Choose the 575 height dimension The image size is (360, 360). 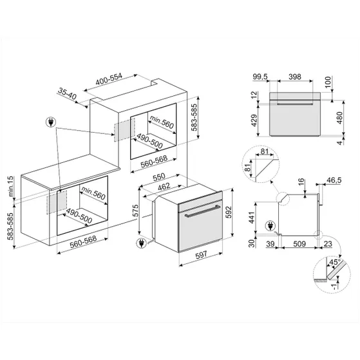pyautogui.click(x=135, y=212)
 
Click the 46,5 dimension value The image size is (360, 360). pyautogui.click(x=334, y=181)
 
